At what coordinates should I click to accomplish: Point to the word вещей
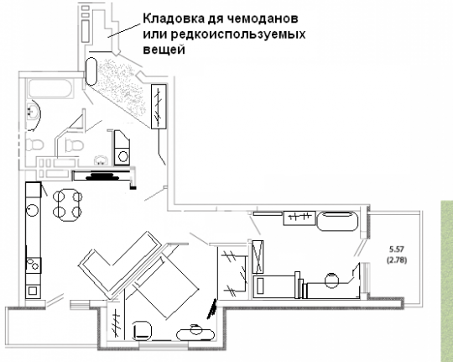point(164,50)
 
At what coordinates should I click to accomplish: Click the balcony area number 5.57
point(396,249)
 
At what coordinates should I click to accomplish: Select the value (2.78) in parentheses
point(397,260)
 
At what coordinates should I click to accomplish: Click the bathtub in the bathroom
point(50,88)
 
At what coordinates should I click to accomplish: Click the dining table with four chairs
point(68,205)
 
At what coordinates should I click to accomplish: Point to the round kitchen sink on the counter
point(32,210)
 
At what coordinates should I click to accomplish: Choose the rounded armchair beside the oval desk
point(142,330)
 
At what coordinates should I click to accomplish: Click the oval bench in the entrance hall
point(91,71)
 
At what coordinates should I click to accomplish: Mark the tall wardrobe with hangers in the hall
point(159,107)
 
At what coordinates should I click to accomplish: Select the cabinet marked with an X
point(258,257)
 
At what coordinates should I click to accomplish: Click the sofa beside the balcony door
point(337,222)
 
